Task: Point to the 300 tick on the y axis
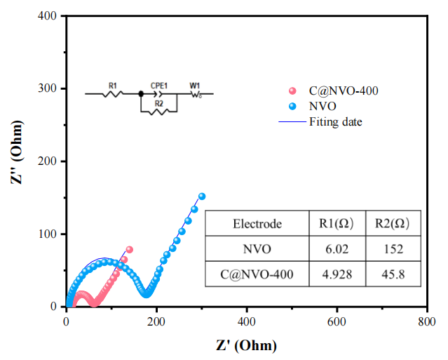tap(66, 88)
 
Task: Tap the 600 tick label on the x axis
tap(337, 321)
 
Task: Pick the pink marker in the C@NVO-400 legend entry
tap(293, 91)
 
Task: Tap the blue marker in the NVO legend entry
tap(293, 107)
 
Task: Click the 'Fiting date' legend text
tap(335, 121)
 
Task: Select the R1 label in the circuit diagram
tap(112, 85)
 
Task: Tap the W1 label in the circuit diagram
tap(194, 85)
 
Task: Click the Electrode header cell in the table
tap(257, 225)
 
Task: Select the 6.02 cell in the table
tap(337, 248)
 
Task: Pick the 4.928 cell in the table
tap(337, 274)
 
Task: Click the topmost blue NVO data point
tap(202, 196)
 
